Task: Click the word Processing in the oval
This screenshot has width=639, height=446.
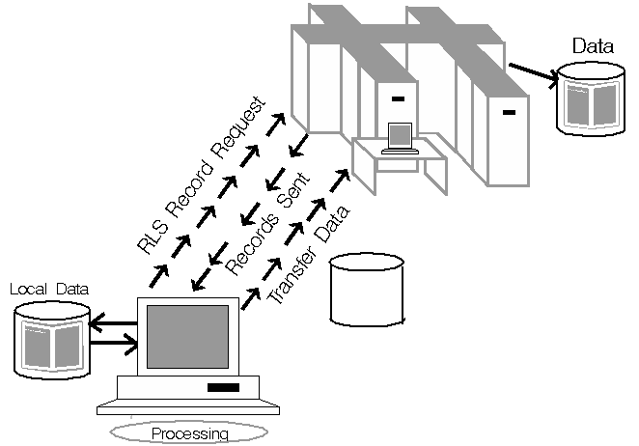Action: (190, 433)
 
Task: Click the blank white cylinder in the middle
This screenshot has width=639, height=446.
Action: (366, 290)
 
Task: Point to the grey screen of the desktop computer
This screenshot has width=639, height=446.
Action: (187, 336)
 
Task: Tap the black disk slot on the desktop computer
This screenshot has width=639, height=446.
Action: (223, 387)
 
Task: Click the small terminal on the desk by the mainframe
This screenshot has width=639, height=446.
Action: (398, 138)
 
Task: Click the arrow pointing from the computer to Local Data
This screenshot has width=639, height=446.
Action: (113, 325)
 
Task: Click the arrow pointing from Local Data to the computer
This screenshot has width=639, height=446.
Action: (113, 342)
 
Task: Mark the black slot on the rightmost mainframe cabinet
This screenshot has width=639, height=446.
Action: (509, 115)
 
